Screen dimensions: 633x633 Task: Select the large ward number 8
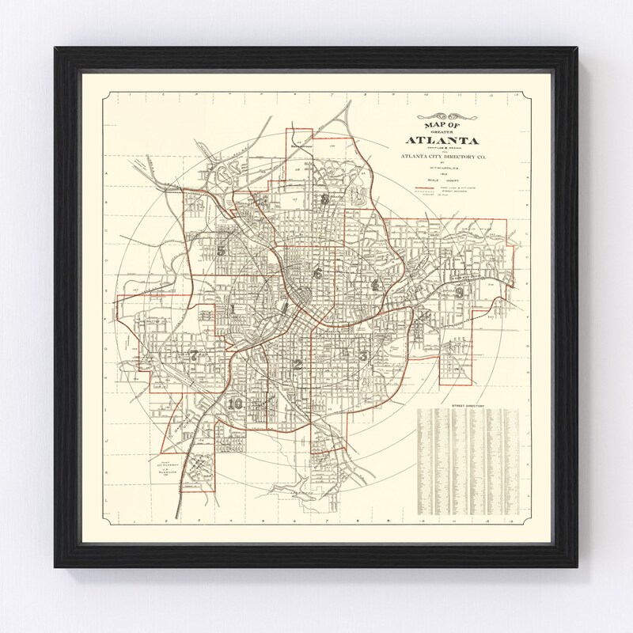324,199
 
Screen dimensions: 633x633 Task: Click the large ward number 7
192,354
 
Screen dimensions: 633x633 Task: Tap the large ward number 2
298,365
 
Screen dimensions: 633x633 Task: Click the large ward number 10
234,404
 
